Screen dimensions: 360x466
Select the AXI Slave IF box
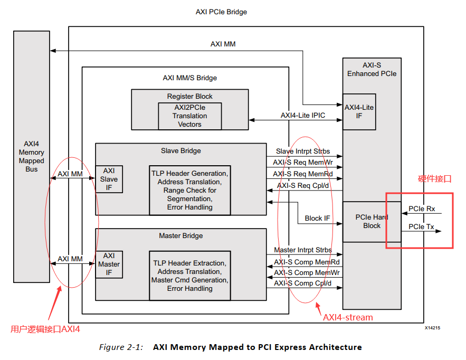109,179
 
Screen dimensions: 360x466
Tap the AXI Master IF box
109,264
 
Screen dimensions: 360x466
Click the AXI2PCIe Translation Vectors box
189,116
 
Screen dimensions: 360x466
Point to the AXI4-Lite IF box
359,111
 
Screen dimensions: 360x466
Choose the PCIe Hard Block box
372,221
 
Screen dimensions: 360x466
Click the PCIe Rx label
422,209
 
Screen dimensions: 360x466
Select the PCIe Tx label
422,227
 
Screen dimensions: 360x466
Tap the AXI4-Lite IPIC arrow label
302,115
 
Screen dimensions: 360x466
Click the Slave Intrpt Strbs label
303,151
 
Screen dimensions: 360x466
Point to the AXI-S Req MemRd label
303,174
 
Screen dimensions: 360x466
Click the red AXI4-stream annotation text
348,317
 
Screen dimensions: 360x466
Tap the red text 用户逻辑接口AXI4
45,329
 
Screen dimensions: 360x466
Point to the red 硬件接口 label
435,179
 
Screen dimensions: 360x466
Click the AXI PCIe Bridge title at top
221,12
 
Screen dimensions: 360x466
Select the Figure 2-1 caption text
231,347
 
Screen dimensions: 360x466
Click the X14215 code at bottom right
432,328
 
